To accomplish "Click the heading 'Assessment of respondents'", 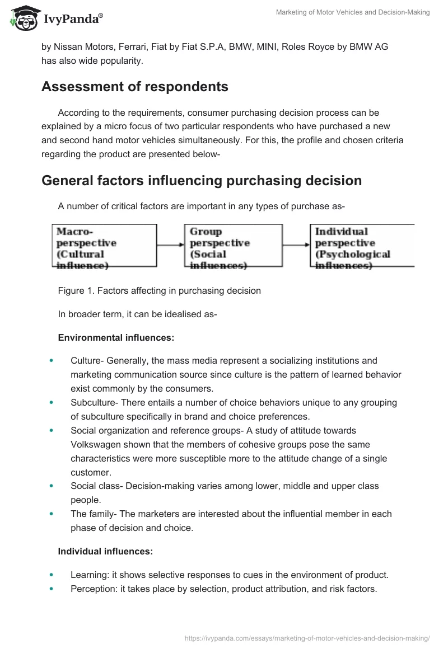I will (135, 87).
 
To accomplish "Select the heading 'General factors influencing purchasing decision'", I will (202, 181).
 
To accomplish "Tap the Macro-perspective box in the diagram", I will (104, 246).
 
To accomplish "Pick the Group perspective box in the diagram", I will (234, 246).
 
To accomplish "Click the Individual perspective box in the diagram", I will (362, 246).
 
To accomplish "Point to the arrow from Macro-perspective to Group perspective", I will (171, 244).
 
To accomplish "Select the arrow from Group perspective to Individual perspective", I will (296, 244).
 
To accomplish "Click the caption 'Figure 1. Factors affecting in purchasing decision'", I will (159, 291).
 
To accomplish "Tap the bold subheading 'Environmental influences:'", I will (116, 337).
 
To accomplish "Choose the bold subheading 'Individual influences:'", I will (105, 552).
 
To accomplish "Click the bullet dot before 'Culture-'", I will (52, 361).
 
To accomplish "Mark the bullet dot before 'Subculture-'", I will (52, 403).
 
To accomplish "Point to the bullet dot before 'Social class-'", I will (52, 486).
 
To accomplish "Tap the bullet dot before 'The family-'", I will (52, 514).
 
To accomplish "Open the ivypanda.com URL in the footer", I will (307, 637).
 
